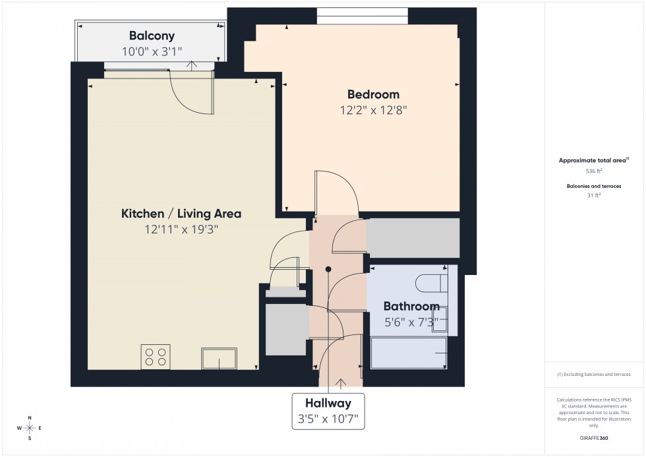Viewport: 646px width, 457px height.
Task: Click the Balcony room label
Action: pyautogui.click(x=152, y=36)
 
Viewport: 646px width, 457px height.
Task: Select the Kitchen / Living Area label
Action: pyautogui.click(x=181, y=214)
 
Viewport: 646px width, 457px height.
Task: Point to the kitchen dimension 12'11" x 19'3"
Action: pyautogui.click(x=181, y=229)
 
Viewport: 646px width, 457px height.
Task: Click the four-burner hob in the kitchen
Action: pyautogui.click(x=156, y=357)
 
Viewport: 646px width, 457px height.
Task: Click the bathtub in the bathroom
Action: pyautogui.click(x=409, y=353)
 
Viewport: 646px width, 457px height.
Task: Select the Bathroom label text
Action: pyautogui.click(x=411, y=307)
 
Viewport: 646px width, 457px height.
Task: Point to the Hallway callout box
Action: pyautogui.click(x=328, y=411)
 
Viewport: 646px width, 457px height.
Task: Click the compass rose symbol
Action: pyautogui.click(x=30, y=428)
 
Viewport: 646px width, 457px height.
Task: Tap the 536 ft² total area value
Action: pyautogui.click(x=595, y=170)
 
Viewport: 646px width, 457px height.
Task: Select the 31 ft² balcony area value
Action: pyautogui.click(x=595, y=195)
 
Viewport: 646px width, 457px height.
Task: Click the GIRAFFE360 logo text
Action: pyautogui.click(x=595, y=438)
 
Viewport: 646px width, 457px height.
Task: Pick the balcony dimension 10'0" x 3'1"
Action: pyautogui.click(x=152, y=51)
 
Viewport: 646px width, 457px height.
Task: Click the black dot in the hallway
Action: pyautogui.click(x=328, y=269)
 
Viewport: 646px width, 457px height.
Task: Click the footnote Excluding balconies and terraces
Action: pyautogui.click(x=594, y=374)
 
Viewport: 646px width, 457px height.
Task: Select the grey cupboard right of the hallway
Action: pyautogui.click(x=413, y=238)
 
